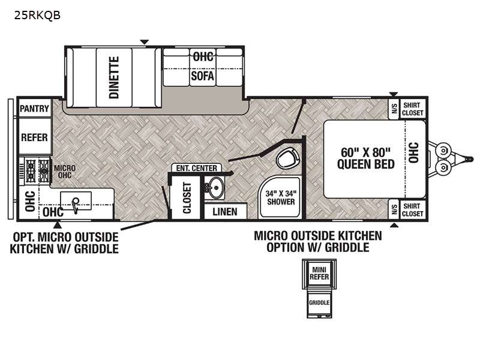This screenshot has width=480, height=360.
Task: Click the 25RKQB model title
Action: tap(37, 15)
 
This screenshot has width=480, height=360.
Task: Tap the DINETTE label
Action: tap(114, 77)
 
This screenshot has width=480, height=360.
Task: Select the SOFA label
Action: tap(202, 76)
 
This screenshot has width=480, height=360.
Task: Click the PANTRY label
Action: tap(34, 109)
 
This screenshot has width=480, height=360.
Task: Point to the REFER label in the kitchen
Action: tap(34, 137)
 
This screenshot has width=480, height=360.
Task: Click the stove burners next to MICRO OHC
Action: tap(37, 171)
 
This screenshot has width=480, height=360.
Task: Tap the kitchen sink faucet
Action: tap(76, 205)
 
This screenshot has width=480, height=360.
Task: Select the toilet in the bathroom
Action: tap(287, 158)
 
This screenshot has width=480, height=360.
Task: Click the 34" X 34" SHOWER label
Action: tap(281, 197)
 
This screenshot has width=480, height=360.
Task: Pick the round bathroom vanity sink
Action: tap(215, 187)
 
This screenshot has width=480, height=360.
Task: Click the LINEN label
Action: tap(225, 212)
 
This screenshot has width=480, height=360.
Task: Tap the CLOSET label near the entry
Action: tap(187, 198)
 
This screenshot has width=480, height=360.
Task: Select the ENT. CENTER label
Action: tap(197, 168)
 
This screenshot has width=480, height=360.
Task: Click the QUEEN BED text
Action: tap(366, 164)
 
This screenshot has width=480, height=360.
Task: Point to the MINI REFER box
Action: tap(319, 274)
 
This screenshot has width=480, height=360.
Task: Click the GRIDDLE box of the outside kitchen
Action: tap(319, 302)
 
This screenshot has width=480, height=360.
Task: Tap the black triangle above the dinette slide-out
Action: tap(144, 42)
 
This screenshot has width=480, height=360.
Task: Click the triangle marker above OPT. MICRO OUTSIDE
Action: tap(57, 226)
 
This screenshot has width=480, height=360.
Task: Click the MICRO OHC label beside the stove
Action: tap(65, 172)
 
